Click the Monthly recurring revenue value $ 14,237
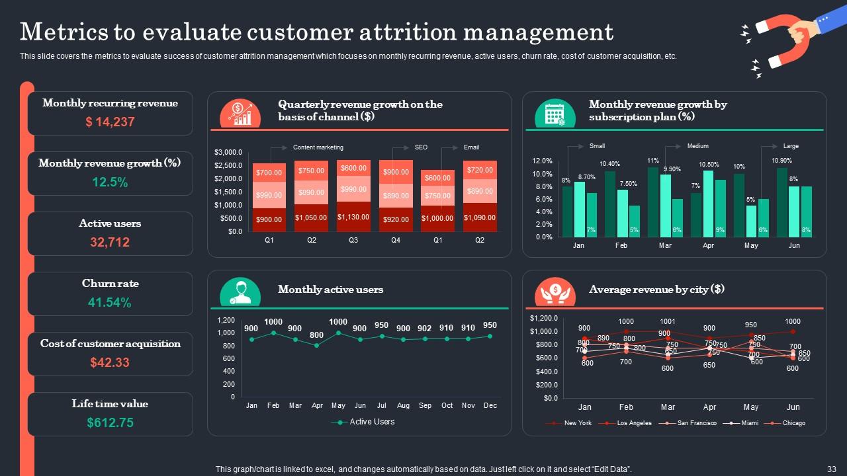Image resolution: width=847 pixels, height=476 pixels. pyautogui.click(x=110, y=122)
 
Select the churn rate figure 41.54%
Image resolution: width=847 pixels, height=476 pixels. pyautogui.click(x=110, y=303)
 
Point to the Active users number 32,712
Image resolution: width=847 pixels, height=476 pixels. pyautogui.click(x=110, y=243)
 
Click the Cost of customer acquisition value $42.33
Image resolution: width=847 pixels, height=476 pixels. pyautogui.click(x=110, y=362)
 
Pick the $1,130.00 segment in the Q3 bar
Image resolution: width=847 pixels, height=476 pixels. pyautogui.click(x=353, y=217)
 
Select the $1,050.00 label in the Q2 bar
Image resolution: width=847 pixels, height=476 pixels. pyautogui.click(x=312, y=218)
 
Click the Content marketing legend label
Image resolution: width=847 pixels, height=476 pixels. pyautogui.click(x=318, y=147)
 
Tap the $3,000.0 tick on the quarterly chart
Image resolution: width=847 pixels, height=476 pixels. pyautogui.click(x=228, y=152)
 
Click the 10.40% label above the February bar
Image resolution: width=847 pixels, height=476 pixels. pyautogui.click(x=609, y=164)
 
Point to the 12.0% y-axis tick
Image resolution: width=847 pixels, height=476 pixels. pyautogui.click(x=542, y=161)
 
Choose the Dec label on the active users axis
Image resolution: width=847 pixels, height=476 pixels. pyautogui.click(x=490, y=405)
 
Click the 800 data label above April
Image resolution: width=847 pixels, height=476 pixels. pyautogui.click(x=316, y=335)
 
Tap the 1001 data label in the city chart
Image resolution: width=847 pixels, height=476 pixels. pyautogui.click(x=668, y=322)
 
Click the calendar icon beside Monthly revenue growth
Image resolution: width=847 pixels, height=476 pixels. pyautogui.click(x=555, y=114)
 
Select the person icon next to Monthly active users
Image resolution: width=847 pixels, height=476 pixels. pyautogui.click(x=240, y=292)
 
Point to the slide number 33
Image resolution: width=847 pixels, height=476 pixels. pyautogui.click(x=831, y=469)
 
